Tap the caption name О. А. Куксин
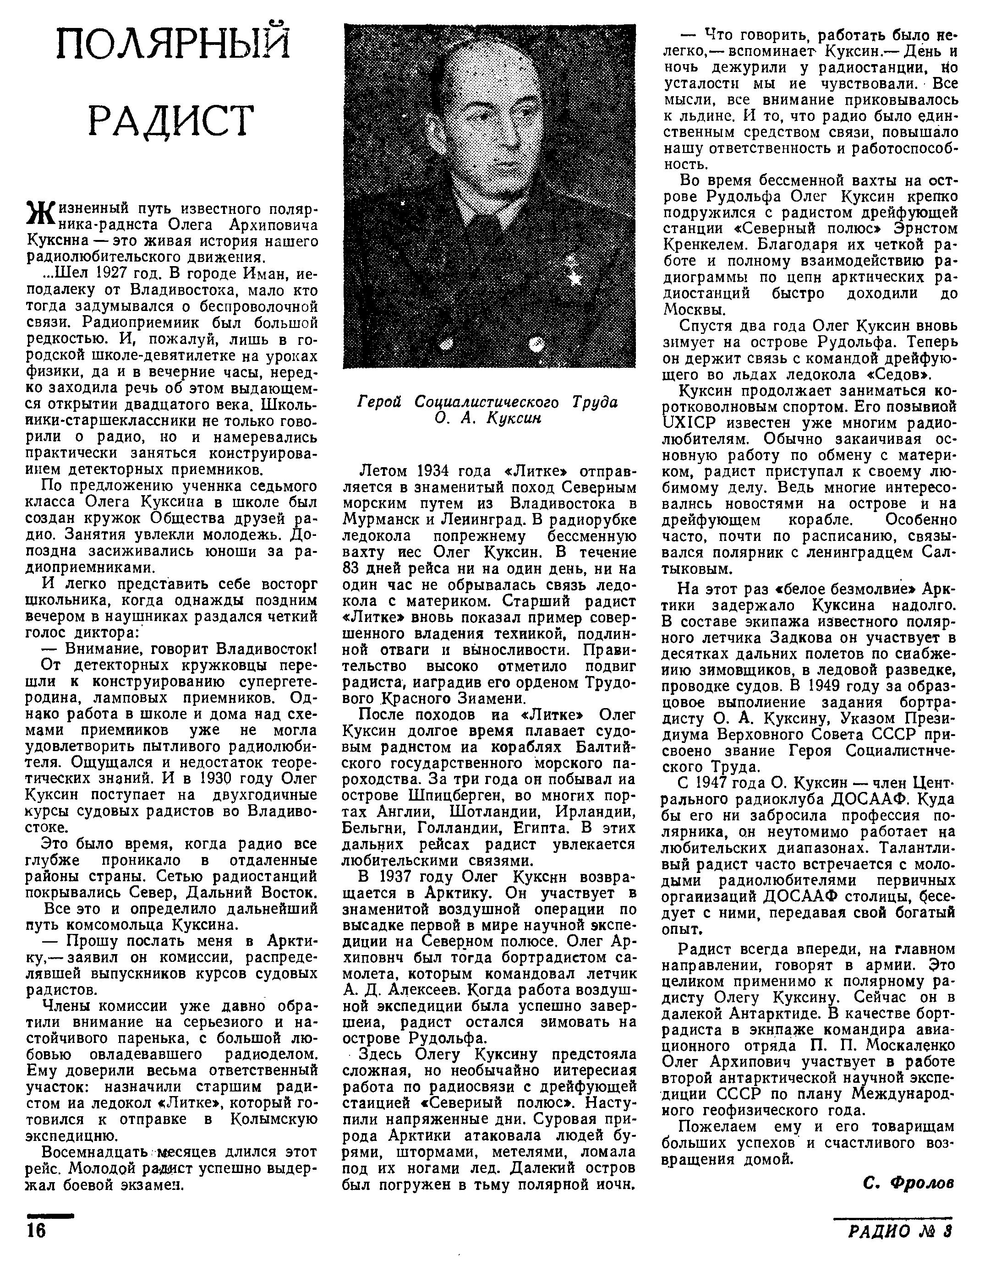tap(488, 419)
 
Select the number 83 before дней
tap(353, 568)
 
